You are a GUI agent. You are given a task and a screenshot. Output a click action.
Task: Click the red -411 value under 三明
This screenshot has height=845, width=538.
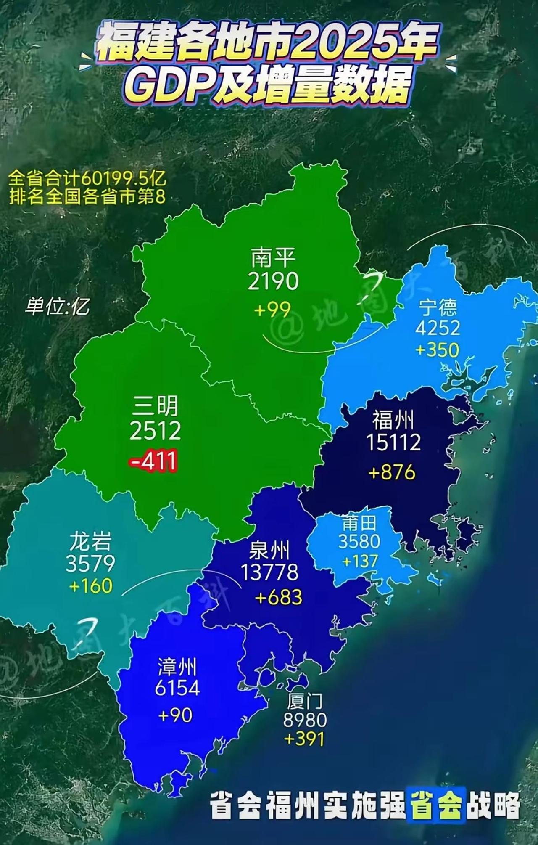click(x=154, y=461)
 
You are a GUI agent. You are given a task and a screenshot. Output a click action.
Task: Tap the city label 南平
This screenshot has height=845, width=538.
click(x=273, y=258)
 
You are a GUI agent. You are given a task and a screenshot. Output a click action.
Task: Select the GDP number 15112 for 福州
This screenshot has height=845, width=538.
click(x=393, y=442)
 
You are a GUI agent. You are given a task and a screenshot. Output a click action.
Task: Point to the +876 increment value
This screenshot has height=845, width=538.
click(x=392, y=472)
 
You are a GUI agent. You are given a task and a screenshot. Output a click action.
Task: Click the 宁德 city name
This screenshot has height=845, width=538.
click(x=438, y=308)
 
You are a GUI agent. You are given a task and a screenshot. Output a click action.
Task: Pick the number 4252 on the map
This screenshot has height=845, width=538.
click(x=438, y=328)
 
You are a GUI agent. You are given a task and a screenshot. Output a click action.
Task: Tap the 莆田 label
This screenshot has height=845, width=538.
click(x=359, y=523)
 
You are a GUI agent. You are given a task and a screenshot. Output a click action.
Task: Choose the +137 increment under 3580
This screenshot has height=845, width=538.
click(x=360, y=561)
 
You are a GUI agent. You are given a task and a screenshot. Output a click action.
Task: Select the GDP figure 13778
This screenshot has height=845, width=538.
click(x=269, y=572)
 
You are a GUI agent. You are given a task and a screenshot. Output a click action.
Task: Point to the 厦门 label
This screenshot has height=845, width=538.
click(x=305, y=701)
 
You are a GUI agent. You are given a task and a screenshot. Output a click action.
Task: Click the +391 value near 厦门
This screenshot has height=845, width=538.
click(x=304, y=739)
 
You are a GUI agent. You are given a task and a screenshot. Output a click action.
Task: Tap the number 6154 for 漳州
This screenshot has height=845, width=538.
click(x=177, y=688)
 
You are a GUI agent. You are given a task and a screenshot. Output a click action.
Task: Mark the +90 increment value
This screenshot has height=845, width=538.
click(x=176, y=715)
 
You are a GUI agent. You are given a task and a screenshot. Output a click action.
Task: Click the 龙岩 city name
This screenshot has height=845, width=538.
click(x=90, y=541)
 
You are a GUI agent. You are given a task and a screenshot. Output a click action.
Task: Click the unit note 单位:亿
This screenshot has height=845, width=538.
click(x=57, y=306)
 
